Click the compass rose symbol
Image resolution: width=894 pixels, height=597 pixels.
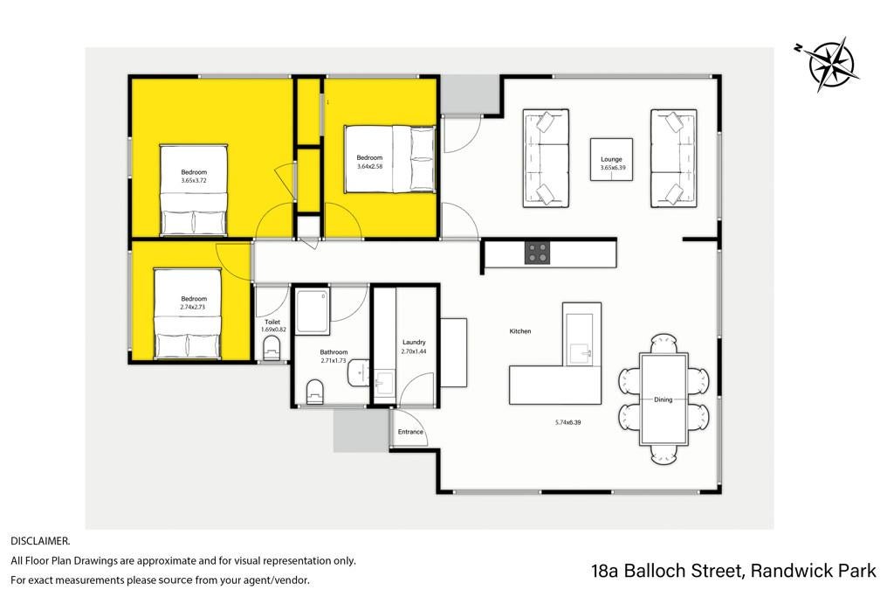click(831, 64)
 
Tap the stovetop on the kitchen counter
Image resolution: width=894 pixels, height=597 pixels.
click(537, 253)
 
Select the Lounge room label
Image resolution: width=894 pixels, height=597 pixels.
click(611, 159)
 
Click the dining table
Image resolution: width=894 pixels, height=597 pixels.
click(664, 399)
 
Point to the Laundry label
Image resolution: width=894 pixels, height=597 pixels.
click(414, 343)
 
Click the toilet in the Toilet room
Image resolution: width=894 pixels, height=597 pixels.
click(272, 348)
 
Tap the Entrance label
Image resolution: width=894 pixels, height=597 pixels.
click(410, 432)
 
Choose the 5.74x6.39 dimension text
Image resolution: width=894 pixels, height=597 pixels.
click(567, 423)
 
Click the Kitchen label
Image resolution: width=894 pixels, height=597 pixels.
click(520, 331)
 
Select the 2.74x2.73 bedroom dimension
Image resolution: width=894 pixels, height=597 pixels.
click(192, 307)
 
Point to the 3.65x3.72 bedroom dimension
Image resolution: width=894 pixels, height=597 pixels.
click(194, 180)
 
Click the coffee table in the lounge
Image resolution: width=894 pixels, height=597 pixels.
click(611, 159)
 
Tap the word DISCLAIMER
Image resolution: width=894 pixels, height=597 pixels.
click(40, 540)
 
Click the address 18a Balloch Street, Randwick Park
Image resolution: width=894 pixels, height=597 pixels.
click(733, 571)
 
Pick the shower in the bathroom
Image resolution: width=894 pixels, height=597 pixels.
click(313, 311)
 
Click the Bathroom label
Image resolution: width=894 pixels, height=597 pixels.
click(334, 353)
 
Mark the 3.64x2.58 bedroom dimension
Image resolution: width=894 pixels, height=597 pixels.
click(369, 167)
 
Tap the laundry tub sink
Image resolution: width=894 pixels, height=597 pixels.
click(385, 382)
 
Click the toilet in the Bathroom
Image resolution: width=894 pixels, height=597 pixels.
click(314, 392)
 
